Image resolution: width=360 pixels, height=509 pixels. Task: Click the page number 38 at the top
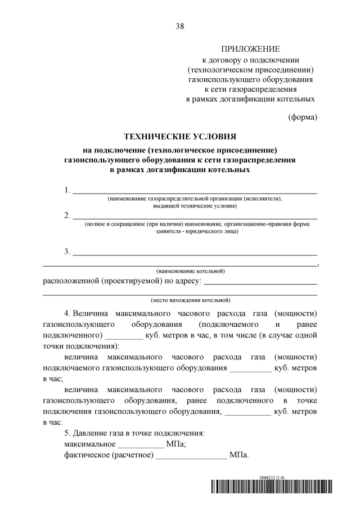coord(180,26)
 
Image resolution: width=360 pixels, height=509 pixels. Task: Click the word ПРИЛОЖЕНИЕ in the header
coord(250,49)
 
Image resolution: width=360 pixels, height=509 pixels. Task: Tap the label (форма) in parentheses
coord(303,117)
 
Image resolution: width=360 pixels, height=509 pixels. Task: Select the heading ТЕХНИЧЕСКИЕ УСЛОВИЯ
coord(180,136)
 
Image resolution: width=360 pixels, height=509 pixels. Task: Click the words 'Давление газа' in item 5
coord(101,434)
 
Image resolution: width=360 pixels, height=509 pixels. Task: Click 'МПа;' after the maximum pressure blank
coord(177,444)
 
